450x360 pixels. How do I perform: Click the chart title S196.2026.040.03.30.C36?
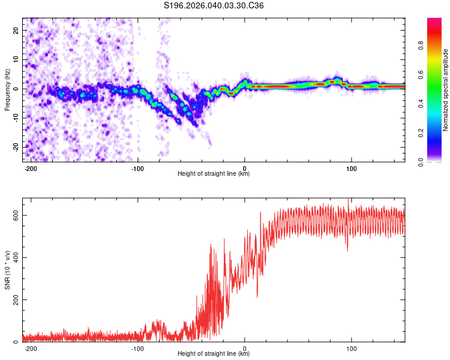[x=214, y=6]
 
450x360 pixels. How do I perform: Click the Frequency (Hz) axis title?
[x=7, y=89]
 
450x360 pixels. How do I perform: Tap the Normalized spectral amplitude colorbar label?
[x=446, y=90]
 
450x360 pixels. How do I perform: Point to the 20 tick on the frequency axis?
[x=16, y=30]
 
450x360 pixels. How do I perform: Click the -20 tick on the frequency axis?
[x=15, y=147]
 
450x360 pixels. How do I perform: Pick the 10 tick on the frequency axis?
[x=16, y=59]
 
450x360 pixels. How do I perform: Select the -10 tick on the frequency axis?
[x=15, y=118]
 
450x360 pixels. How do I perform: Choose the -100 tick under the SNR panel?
[x=137, y=348]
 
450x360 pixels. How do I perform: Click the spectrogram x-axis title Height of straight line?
[x=214, y=174]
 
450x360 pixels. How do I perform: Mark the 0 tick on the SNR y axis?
[x=17, y=342]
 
